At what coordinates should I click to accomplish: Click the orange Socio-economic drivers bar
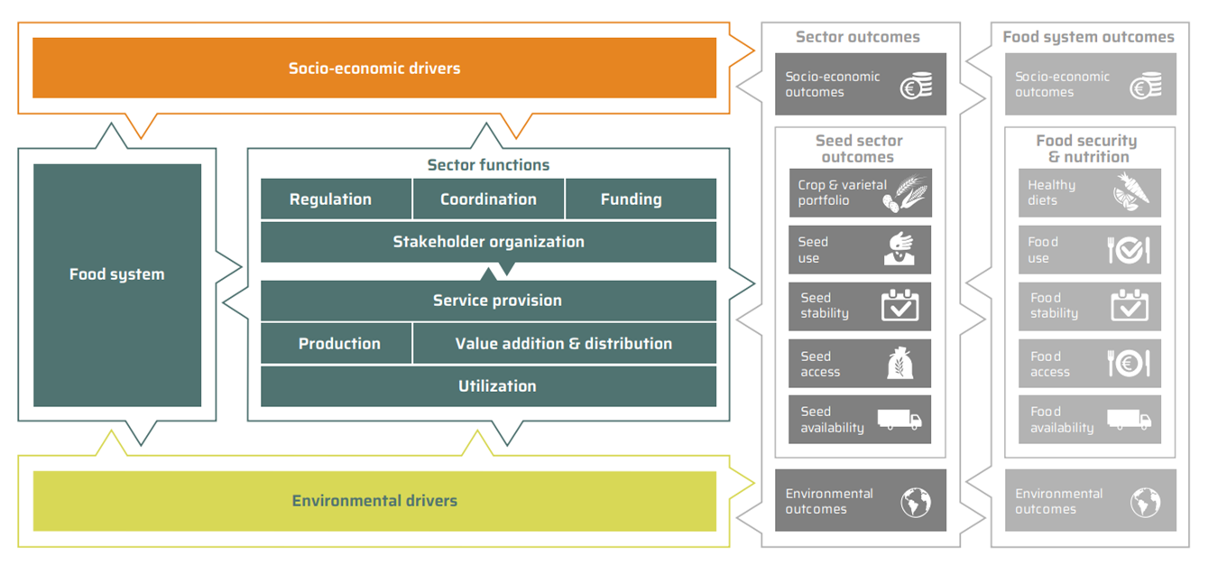(374, 68)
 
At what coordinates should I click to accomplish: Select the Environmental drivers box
(374, 501)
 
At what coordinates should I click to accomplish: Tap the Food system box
(117, 274)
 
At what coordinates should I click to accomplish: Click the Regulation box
(330, 199)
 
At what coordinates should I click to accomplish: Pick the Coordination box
(488, 199)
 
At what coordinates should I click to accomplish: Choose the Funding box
(632, 199)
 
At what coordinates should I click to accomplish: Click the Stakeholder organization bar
(488, 242)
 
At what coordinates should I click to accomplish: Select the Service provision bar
(488, 301)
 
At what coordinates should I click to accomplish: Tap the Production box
(339, 344)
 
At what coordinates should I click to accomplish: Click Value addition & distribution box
(564, 344)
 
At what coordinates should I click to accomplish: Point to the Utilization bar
(488, 386)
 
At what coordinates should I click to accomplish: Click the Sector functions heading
(488, 165)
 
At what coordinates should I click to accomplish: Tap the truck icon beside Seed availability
(899, 420)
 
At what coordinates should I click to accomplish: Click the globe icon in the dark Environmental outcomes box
(916, 502)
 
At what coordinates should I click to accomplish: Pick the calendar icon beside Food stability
(1130, 306)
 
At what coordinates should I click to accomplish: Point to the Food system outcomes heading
(1088, 37)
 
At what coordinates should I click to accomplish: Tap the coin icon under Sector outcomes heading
(916, 86)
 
